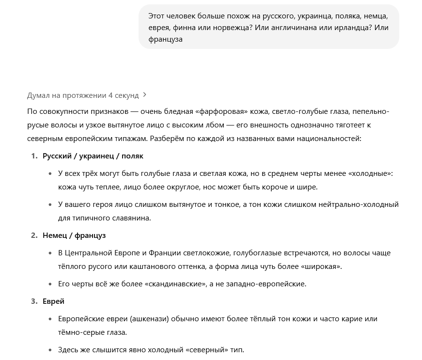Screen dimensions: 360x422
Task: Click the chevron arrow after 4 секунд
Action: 145,95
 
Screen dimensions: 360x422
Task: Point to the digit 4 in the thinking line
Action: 110,95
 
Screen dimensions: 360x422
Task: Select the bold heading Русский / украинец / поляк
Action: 93,156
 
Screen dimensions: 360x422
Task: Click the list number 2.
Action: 34,235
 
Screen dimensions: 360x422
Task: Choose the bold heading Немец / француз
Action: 74,235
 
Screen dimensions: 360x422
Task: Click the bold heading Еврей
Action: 53,301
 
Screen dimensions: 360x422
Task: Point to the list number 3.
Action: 34,301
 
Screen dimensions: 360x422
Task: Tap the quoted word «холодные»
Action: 371,173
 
